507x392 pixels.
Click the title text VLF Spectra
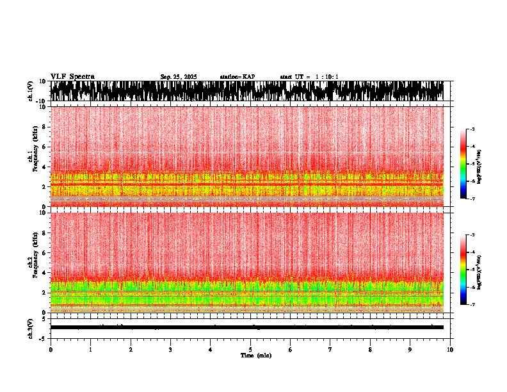(72, 76)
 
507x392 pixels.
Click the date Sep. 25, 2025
(179, 77)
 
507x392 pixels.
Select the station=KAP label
(237, 77)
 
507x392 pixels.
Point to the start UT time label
(309, 77)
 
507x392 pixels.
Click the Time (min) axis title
(255, 355)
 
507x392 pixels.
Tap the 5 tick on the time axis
(250, 349)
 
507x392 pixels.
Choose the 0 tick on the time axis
(51, 349)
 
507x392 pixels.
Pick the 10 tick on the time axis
(450, 349)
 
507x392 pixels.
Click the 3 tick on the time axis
(170, 349)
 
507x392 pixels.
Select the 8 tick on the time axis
(370, 349)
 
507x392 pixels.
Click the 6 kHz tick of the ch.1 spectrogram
(45, 147)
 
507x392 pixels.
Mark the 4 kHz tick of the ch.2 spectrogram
(45, 272)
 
